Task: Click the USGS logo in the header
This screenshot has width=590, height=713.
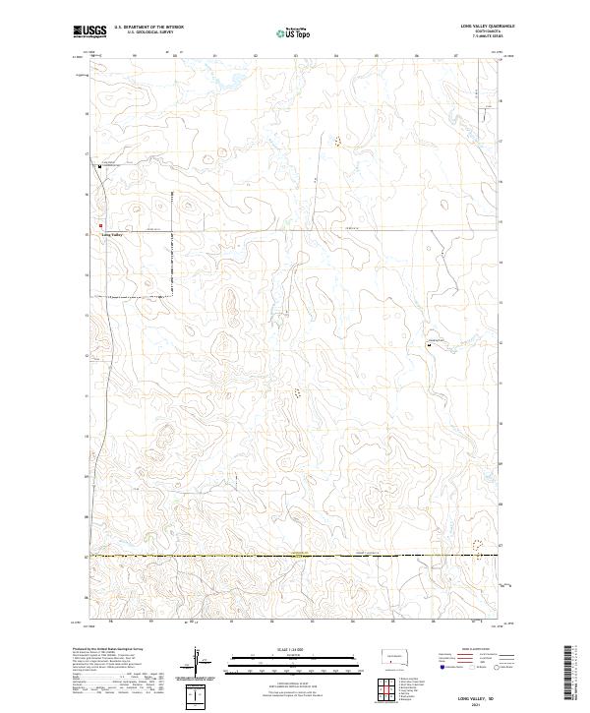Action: coord(89,32)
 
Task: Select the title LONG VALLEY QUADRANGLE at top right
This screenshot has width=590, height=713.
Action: coord(482,26)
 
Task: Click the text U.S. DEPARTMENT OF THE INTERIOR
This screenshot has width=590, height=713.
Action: coord(148,28)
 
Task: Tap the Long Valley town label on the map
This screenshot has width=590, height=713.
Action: coord(112,235)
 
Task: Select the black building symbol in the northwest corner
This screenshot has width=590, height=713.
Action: coord(99,166)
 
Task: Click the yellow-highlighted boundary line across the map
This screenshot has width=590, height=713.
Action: coord(295,556)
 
